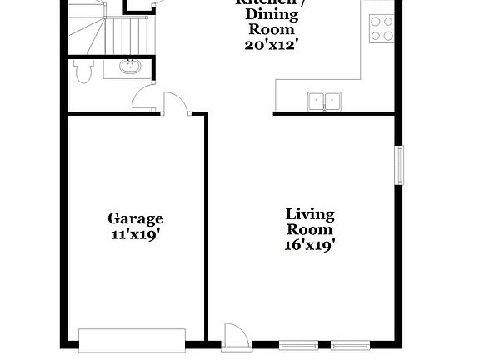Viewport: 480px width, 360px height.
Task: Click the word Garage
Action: [x=135, y=218]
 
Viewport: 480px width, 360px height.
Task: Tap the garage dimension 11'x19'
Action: [x=135, y=234]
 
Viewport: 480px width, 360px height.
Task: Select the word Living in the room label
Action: [x=310, y=213]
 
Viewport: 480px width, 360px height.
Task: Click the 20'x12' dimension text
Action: [x=272, y=44]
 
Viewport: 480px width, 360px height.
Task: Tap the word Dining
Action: [x=267, y=14]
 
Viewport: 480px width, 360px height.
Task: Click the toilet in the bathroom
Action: [x=81, y=72]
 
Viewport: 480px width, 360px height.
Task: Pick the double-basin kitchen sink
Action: [x=324, y=102]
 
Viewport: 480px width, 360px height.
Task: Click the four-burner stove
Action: [x=381, y=29]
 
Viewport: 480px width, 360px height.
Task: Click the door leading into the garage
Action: [x=176, y=104]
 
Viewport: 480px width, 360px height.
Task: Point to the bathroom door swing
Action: [x=142, y=97]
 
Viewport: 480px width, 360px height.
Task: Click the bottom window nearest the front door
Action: [x=297, y=344]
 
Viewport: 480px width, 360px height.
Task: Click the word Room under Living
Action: [x=310, y=229]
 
